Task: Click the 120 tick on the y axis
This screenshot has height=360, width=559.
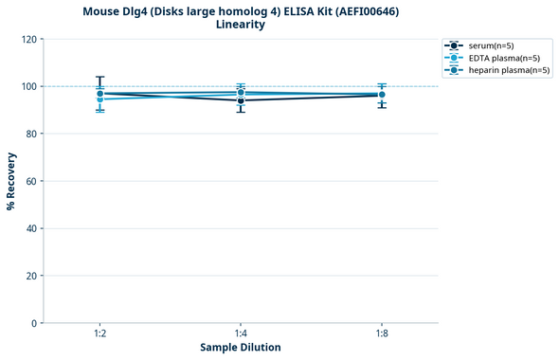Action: [x=30, y=39]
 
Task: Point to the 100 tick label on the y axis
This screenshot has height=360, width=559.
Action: [x=30, y=86]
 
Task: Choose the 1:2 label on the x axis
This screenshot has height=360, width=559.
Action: [x=100, y=334]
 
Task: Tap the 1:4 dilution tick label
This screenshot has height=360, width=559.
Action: [x=241, y=334]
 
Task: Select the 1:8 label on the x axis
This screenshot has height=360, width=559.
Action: [x=381, y=334]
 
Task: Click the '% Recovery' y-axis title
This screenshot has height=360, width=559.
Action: [x=11, y=181]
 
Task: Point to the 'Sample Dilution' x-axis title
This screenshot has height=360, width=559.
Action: [x=241, y=348]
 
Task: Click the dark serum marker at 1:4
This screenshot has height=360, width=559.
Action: [x=241, y=100]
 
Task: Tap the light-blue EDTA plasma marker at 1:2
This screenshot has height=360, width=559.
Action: [x=100, y=99]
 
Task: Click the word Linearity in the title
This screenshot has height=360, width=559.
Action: [x=241, y=25]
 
